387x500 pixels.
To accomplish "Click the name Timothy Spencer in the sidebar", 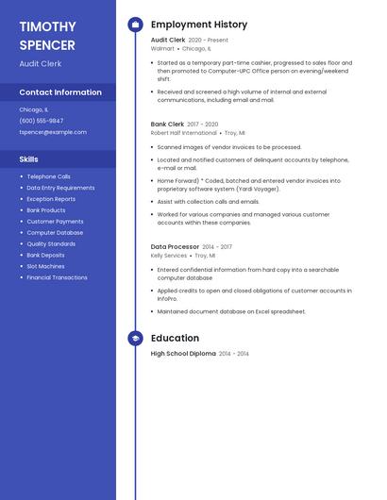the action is pyautogui.click(x=47, y=36).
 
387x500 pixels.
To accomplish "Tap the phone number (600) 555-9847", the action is pyautogui.click(x=42, y=121).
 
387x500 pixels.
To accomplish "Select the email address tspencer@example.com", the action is pyautogui.click(x=53, y=132).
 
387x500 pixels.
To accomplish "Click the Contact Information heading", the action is pyautogui.click(x=60, y=92).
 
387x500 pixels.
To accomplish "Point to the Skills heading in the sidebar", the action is pyautogui.click(x=28, y=159).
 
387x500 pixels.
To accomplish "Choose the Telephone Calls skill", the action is pyautogui.click(x=48, y=176).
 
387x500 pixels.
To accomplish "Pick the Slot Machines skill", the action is pyautogui.click(x=45, y=266).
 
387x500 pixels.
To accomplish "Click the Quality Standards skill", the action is pyautogui.click(x=51, y=243).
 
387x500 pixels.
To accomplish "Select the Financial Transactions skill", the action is pyautogui.click(x=57, y=277).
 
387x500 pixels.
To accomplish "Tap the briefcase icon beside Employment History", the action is pyautogui.click(x=135, y=25).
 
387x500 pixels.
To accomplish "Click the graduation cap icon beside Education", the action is pyautogui.click(x=135, y=338).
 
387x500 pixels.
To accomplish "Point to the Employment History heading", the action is pyautogui.click(x=199, y=25).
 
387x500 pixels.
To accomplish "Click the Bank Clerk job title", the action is pyautogui.click(x=167, y=124).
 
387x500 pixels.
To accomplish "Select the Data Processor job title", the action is pyautogui.click(x=175, y=246).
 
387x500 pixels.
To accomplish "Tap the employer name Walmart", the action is pyautogui.click(x=162, y=48).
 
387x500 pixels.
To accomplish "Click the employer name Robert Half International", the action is pyautogui.click(x=183, y=133).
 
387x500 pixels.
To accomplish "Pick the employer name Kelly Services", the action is pyautogui.click(x=169, y=256).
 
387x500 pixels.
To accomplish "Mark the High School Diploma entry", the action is pyautogui.click(x=183, y=353).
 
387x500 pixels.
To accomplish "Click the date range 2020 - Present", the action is pyautogui.click(x=208, y=40).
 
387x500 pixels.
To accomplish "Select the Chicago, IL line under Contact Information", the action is pyautogui.click(x=33, y=109).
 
